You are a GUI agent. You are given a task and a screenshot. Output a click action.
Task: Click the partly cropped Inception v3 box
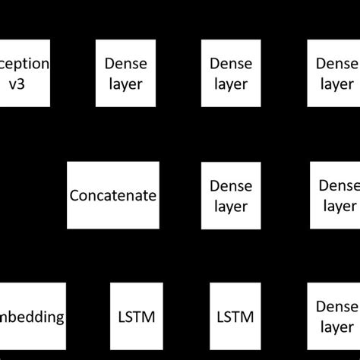(25, 73)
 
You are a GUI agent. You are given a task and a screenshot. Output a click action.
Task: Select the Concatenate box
(113, 195)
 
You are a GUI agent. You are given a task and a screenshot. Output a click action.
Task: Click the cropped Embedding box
(33, 316)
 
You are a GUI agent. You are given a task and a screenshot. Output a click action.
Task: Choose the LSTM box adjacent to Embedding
(136, 316)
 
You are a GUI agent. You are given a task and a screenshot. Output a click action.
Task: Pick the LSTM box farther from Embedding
(235, 316)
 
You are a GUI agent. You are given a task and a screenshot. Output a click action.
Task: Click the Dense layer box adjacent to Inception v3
(121, 73)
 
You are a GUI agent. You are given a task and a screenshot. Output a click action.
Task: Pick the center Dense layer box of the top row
(227, 73)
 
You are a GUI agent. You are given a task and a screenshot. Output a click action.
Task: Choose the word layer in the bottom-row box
(336, 327)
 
